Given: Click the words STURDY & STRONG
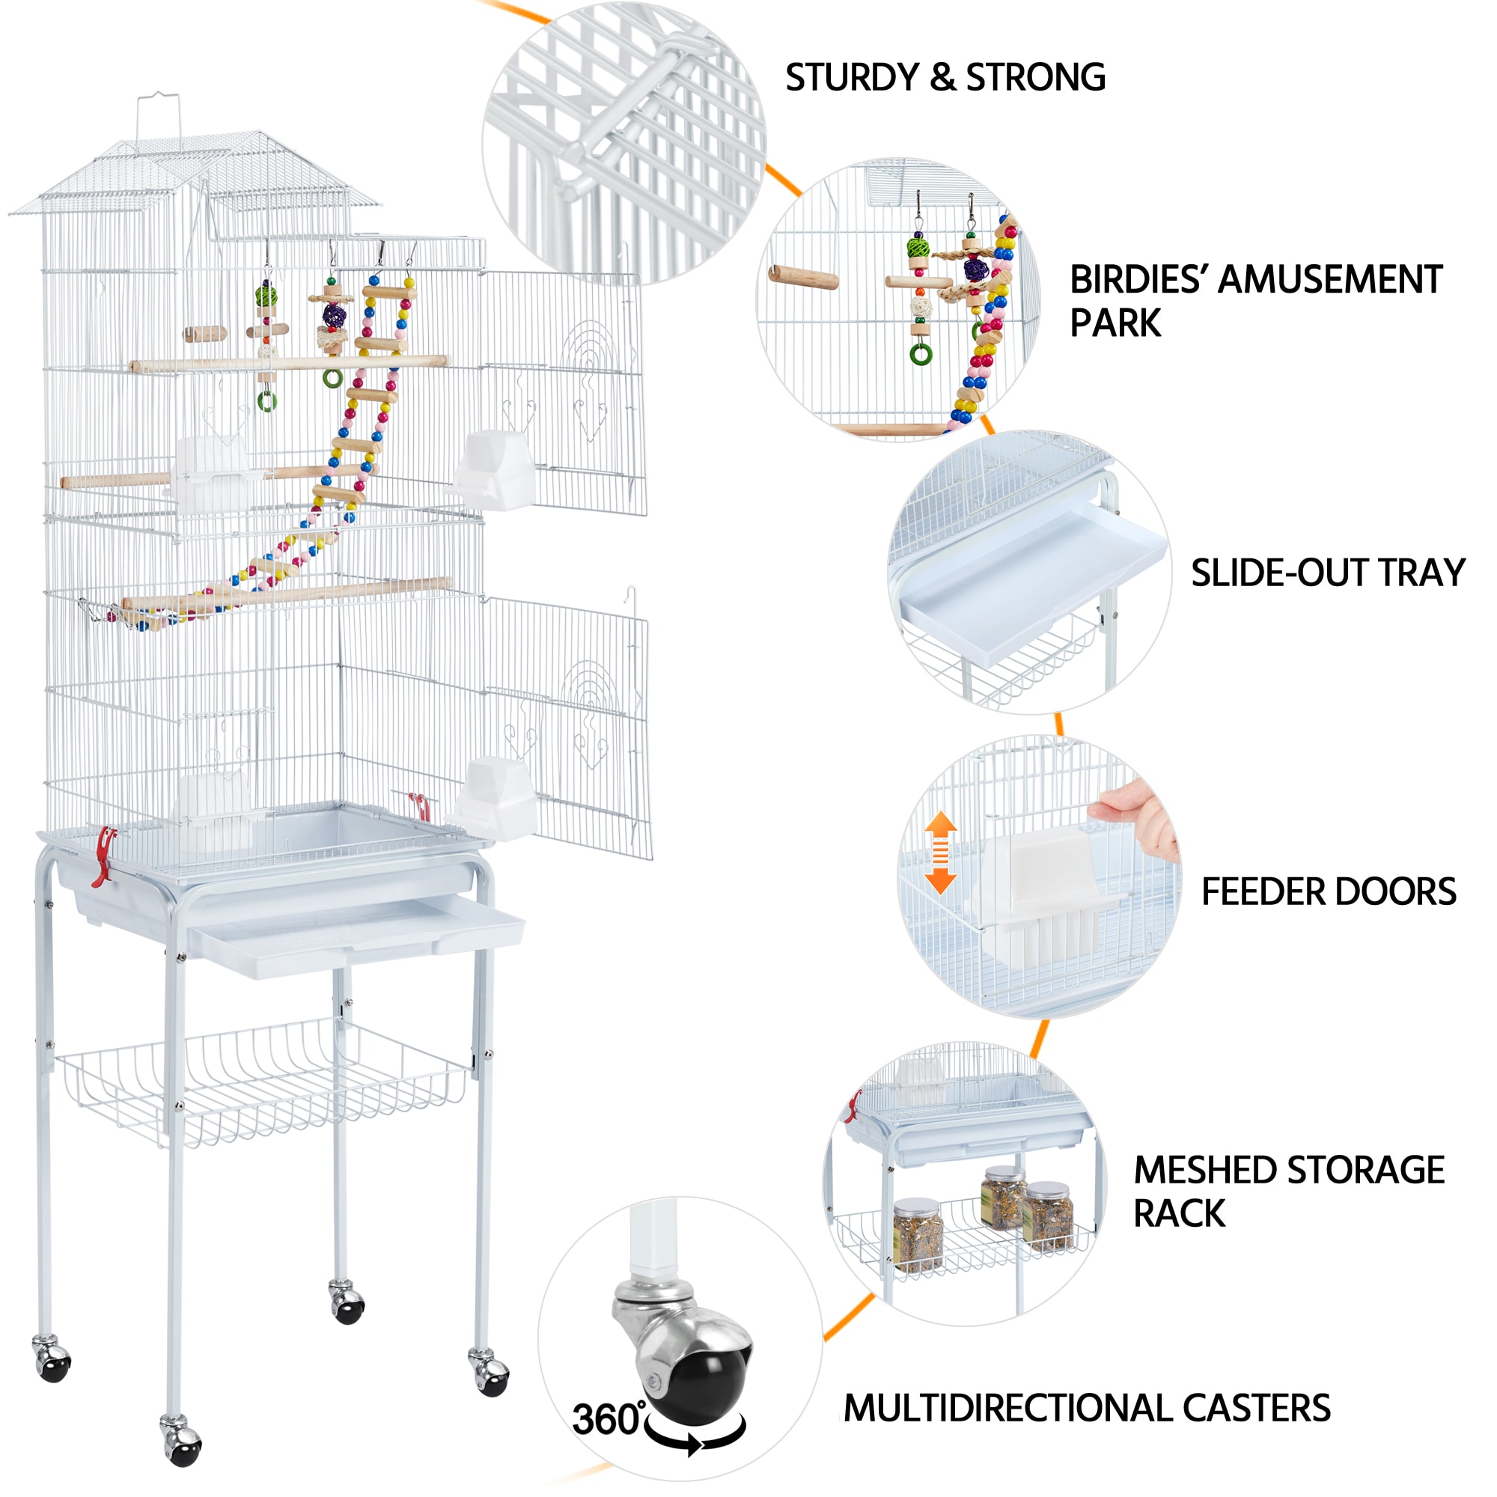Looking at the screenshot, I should (x=945, y=79).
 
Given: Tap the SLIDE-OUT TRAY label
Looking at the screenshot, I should (x=1327, y=573).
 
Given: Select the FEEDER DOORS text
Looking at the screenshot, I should (x=1328, y=892).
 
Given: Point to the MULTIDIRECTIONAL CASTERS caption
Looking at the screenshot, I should (x=1086, y=1408).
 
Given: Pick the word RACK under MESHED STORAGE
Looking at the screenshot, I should (x=1179, y=1214).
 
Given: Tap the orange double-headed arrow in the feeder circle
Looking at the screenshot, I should (x=940, y=853).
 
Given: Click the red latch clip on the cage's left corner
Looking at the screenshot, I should (x=103, y=856).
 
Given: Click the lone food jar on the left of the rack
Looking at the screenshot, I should (x=918, y=1234).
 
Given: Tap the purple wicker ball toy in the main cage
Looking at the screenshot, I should (x=335, y=315).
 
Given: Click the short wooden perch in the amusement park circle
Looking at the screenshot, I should (x=803, y=277).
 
